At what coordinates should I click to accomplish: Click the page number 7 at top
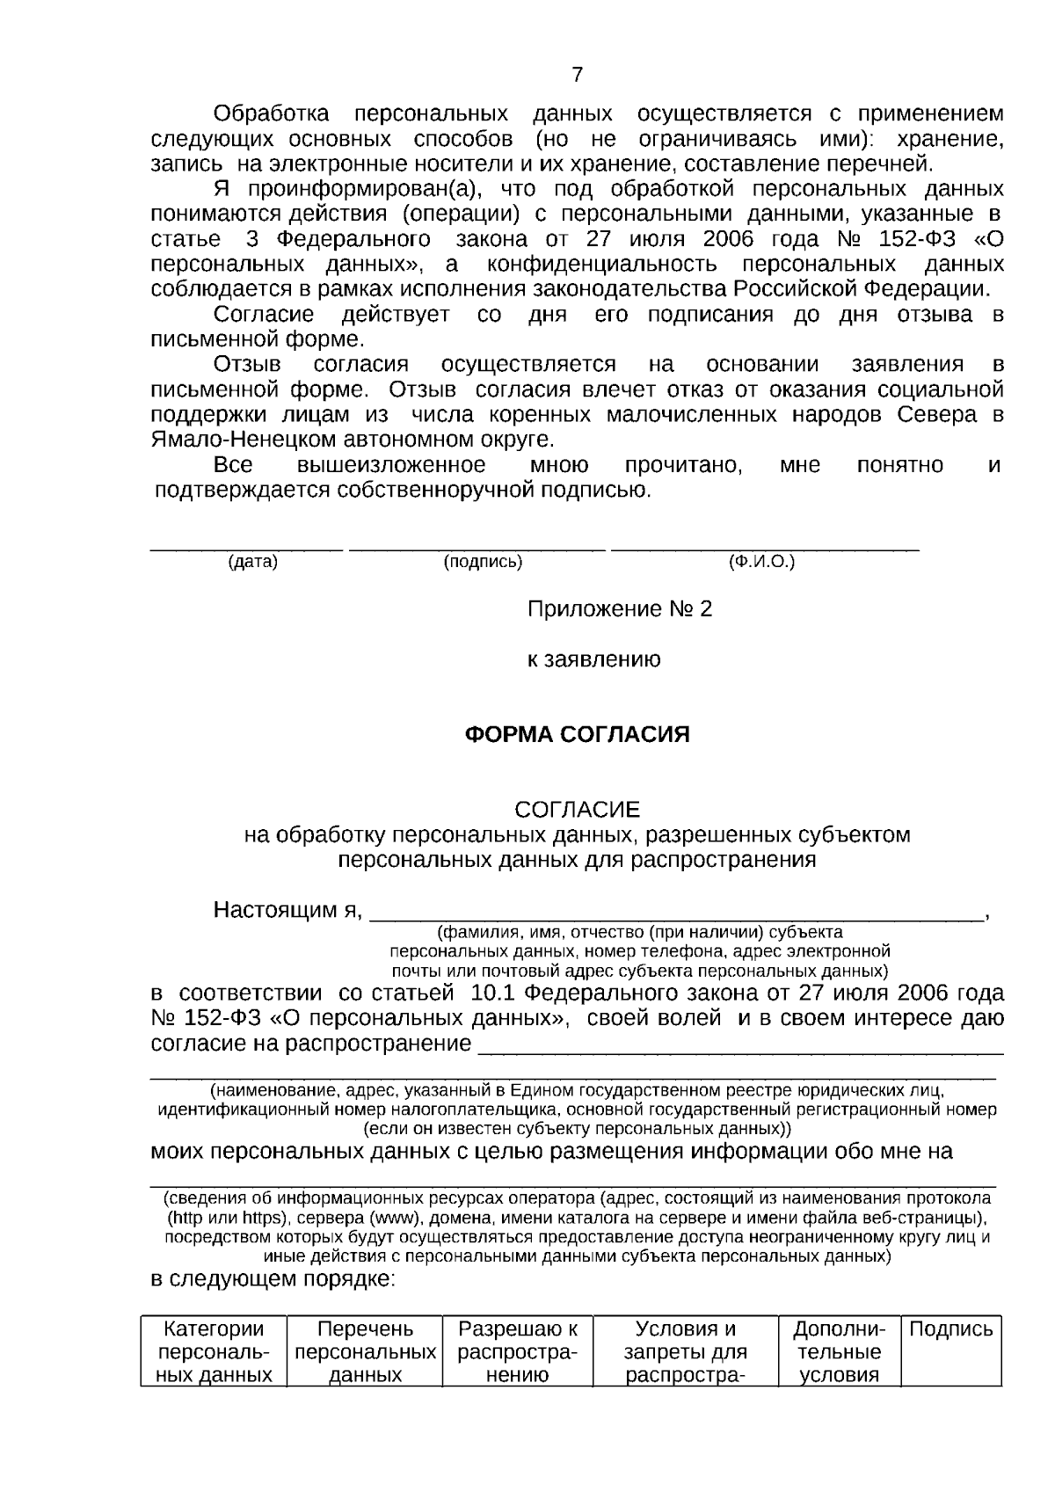577,75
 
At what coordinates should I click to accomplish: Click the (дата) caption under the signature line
252,562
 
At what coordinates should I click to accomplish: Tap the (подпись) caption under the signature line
483,562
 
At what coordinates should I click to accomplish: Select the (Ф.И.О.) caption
761,562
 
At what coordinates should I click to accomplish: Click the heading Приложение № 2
619,608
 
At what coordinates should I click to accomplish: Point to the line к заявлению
594,659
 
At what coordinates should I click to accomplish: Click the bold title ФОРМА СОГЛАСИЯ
577,734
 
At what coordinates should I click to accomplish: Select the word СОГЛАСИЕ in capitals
577,809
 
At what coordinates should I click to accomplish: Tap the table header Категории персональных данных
214,1351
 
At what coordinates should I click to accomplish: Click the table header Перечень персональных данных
365,1351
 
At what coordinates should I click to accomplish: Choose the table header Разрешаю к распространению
518,1351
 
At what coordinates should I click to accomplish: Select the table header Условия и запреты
686,1351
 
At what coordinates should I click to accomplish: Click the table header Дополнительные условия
839,1351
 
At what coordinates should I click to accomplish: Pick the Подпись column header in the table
950,1328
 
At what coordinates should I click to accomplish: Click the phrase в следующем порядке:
273,1278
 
